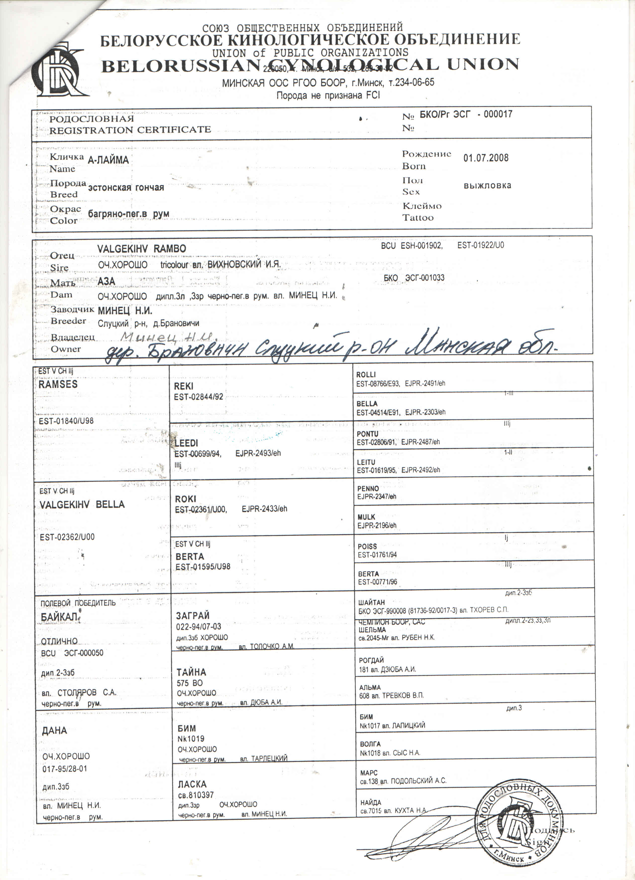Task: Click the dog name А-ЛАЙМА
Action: (x=108, y=160)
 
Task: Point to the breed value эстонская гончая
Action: (x=126, y=188)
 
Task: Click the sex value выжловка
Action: (x=487, y=185)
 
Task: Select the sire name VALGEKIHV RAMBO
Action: (x=142, y=249)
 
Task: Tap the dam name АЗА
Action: (x=106, y=281)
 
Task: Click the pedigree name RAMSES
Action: (x=58, y=384)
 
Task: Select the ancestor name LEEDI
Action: (x=186, y=443)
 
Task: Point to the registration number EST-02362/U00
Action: (x=67, y=537)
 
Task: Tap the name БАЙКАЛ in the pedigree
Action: (x=60, y=617)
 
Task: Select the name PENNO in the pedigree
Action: (x=368, y=488)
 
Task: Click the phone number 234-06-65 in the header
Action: (x=414, y=83)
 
